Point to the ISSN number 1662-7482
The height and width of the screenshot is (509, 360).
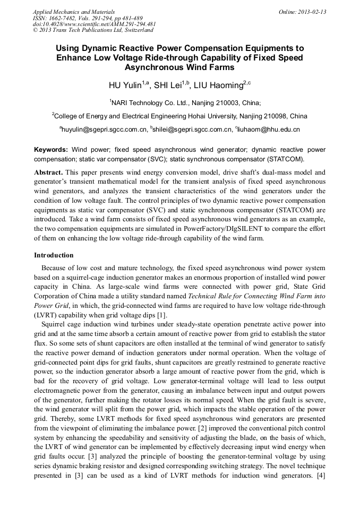pos(67,18)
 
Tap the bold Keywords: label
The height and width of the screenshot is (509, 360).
pos(51,150)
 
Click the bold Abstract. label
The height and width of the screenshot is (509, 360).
pos(49,173)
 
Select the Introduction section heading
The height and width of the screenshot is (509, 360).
pos(54,255)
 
